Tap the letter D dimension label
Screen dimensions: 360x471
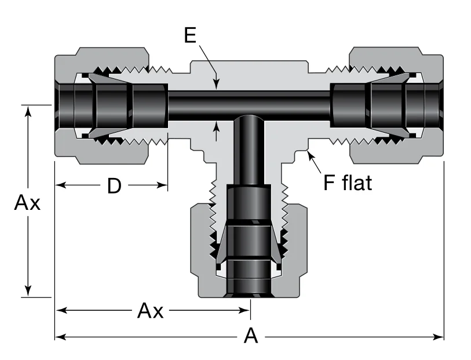pos(114,186)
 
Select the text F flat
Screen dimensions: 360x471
pos(347,183)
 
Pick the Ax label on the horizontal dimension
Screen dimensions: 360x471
pos(150,311)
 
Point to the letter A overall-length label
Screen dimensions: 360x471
pos(250,336)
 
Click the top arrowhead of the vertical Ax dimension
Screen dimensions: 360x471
pos(28,110)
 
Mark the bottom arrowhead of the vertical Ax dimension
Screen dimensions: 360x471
pos(28,292)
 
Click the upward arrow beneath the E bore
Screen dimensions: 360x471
pos(217,123)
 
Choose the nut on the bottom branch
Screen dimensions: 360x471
pos(200,249)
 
